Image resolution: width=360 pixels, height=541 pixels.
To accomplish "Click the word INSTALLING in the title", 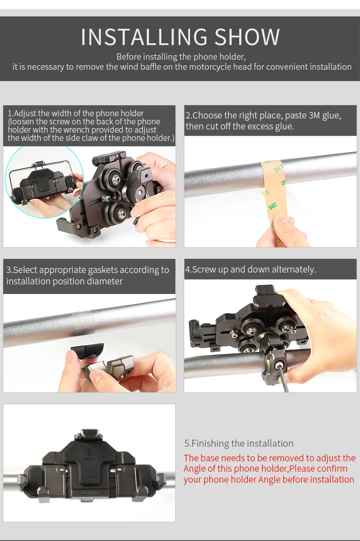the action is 144,37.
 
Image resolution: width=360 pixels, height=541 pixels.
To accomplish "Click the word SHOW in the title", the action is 247,37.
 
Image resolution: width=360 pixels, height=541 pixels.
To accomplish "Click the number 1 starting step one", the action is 10,113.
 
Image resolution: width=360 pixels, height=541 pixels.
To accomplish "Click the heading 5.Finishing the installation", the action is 239,443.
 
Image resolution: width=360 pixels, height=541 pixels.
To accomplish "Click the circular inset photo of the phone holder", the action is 44,182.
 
